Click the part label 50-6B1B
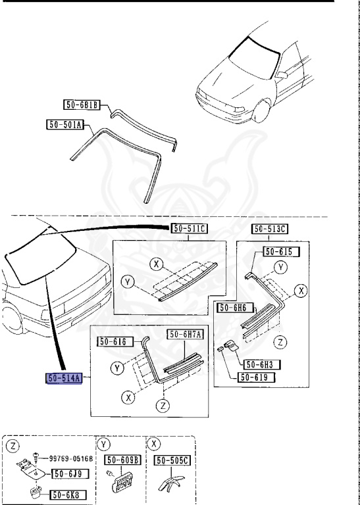[x=82, y=105]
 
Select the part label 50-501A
[x=64, y=124]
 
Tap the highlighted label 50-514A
[x=64, y=378]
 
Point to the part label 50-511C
[x=189, y=229]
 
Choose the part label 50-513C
[x=269, y=229]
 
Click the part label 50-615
[x=282, y=252]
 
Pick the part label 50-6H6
[x=235, y=308]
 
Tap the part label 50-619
[x=256, y=377]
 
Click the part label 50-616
[x=115, y=341]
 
